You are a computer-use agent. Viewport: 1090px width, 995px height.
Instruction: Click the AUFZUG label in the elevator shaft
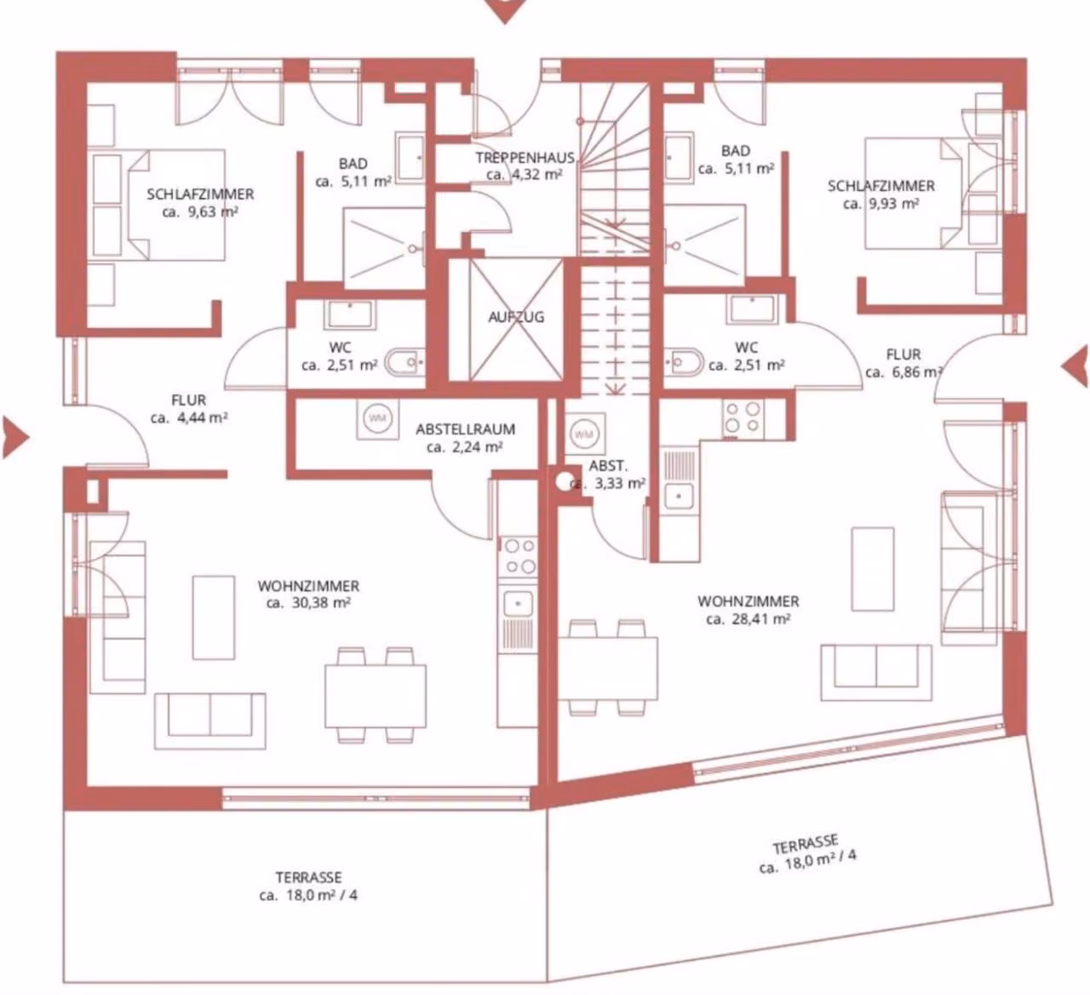(x=516, y=317)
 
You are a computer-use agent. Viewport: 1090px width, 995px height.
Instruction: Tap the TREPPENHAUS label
(x=525, y=158)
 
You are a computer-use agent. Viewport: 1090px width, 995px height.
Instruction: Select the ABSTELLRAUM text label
(x=466, y=429)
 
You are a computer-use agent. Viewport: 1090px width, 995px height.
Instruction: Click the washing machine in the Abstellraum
(x=377, y=418)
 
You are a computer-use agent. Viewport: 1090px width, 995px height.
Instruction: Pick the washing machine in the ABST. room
(x=584, y=434)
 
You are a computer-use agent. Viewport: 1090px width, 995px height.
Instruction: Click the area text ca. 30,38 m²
(x=308, y=603)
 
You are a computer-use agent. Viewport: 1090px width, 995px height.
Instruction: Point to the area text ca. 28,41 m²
(x=749, y=618)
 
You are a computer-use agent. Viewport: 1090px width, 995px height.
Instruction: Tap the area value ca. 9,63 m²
(x=200, y=211)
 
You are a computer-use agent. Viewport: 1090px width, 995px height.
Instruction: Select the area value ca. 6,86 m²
(x=904, y=372)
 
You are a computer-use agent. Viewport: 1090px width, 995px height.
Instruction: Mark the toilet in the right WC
(x=684, y=361)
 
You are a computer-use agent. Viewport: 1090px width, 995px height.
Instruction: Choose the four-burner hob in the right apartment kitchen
(x=743, y=418)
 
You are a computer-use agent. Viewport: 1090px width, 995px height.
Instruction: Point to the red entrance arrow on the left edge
(x=15, y=438)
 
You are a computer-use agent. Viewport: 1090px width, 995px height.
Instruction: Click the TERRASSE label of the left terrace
(x=308, y=877)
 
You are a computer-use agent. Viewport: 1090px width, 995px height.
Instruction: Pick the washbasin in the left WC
(x=349, y=313)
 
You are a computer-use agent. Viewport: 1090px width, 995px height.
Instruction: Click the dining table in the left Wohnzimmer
(x=376, y=696)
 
